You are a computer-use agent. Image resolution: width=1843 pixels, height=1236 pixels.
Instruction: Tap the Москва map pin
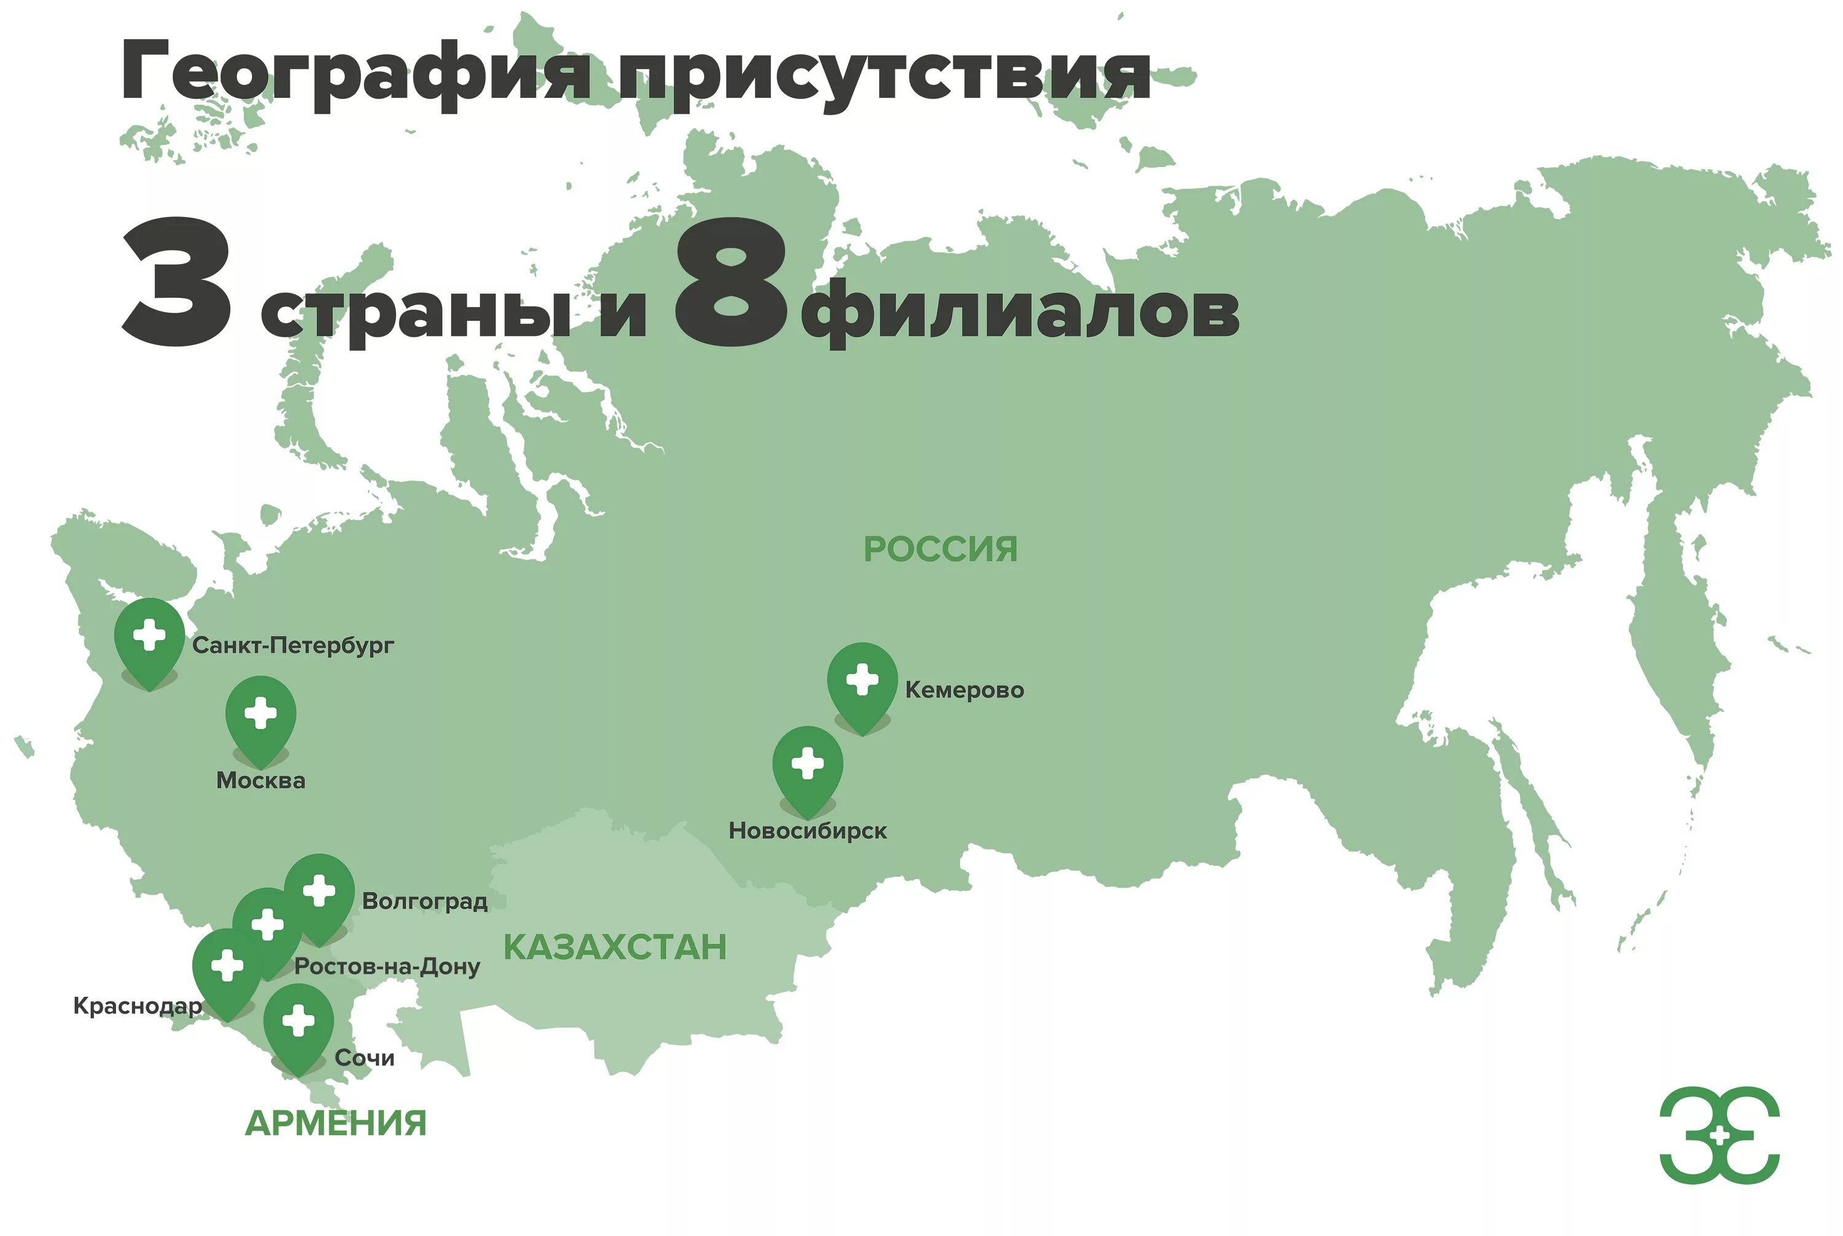[x=260, y=715]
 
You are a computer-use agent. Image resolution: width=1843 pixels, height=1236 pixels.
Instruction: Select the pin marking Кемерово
[x=861, y=681]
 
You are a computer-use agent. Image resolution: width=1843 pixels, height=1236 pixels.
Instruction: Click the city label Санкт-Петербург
[x=292, y=646]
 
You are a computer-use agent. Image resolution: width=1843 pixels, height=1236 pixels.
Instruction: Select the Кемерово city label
[x=964, y=690]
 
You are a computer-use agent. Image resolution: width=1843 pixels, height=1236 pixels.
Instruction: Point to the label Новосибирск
[x=807, y=831]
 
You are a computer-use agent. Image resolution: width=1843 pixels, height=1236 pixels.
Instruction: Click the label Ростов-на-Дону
[x=387, y=966]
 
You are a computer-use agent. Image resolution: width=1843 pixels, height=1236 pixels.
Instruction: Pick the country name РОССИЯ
[x=941, y=549]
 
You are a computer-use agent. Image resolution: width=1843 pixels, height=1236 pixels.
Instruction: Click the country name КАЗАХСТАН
[x=615, y=947]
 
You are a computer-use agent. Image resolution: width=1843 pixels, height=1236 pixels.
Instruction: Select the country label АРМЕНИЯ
[x=336, y=1124]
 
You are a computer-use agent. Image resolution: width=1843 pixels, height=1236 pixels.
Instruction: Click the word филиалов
[x=1019, y=311]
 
